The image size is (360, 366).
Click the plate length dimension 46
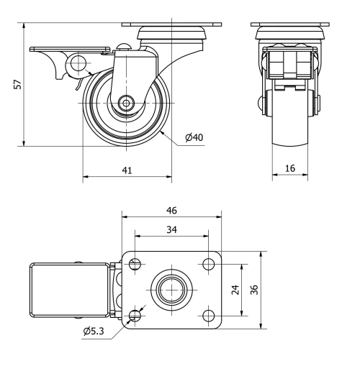[171, 210]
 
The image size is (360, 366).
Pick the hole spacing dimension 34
[171, 229]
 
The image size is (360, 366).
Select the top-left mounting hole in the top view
[135, 265]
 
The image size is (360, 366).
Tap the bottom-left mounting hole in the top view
[135, 316]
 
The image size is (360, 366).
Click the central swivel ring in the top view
[171, 290]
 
